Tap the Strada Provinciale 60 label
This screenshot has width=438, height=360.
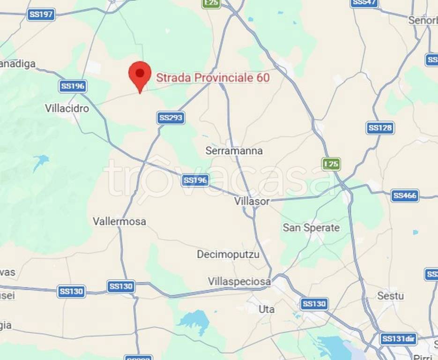point(213,78)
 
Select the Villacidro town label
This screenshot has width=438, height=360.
point(67,108)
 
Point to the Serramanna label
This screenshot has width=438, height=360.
point(234,151)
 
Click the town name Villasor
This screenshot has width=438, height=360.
point(252,201)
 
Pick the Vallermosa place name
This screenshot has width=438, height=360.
point(119,221)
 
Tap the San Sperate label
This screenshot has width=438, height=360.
point(311,228)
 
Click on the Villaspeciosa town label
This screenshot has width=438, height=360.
point(239,282)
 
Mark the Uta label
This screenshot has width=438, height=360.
point(267,309)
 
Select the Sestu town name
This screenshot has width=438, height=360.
point(390,296)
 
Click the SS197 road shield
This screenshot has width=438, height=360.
point(41,15)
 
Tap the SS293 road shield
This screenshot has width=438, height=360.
point(171,118)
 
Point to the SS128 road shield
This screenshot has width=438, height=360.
point(380,128)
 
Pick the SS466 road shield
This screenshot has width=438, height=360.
point(405,195)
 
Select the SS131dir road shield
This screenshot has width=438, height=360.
point(399,339)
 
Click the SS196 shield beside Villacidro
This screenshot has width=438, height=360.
point(73,86)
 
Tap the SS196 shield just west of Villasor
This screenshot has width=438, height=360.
point(195,180)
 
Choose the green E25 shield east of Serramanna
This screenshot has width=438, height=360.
point(331,164)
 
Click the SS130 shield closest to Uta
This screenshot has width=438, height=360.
point(313,304)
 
